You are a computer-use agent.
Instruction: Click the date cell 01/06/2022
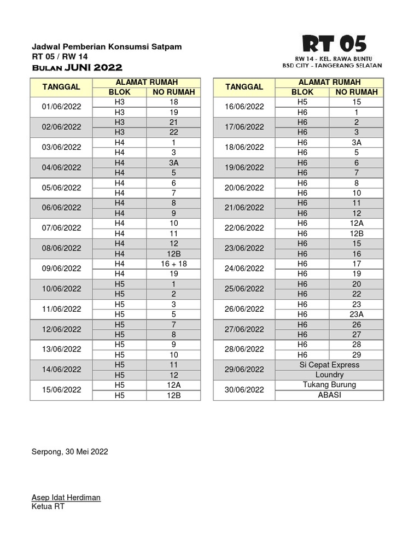click(61, 107)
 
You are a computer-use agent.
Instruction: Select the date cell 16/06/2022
click(244, 107)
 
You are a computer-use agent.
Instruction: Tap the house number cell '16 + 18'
click(173, 264)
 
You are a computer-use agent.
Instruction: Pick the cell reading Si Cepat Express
click(330, 365)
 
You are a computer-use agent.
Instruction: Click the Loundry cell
click(330, 375)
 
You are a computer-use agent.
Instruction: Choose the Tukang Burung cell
click(330, 384)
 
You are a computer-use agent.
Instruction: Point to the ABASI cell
click(330, 395)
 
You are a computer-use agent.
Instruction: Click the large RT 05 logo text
click(335, 44)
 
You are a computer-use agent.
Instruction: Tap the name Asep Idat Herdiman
click(66, 498)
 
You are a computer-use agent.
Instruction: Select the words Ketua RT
click(48, 506)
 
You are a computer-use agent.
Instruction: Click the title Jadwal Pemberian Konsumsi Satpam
click(107, 47)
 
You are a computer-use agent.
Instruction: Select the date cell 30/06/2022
click(244, 390)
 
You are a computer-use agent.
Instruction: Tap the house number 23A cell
click(357, 314)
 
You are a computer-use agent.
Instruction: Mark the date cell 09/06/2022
click(61, 269)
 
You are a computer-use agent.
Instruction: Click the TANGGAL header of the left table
click(61, 87)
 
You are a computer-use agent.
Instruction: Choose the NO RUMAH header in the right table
click(357, 92)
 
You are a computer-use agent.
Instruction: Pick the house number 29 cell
click(357, 354)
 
